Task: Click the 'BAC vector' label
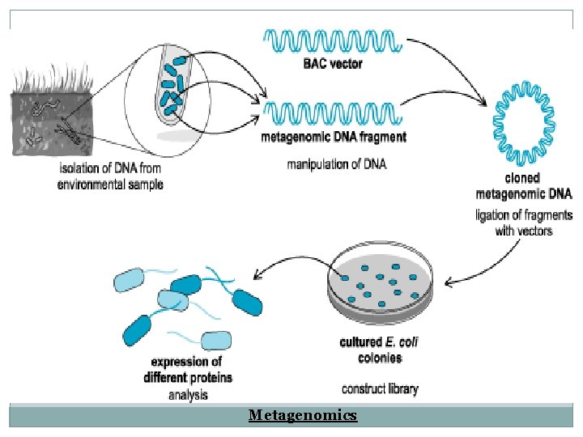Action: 333,64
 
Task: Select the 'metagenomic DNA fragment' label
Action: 334,138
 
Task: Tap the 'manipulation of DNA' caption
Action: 337,164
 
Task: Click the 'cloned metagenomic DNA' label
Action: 522,187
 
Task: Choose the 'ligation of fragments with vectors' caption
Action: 523,223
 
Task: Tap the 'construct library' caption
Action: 380,389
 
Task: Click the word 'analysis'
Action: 188,395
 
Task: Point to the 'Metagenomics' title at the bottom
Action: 302,415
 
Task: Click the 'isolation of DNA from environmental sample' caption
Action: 111,176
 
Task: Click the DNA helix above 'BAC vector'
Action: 331,39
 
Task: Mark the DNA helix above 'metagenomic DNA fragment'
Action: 332,112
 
